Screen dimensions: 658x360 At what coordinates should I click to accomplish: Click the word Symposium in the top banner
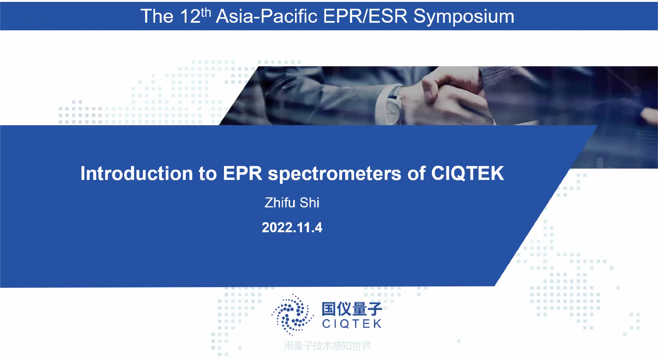pos(464,17)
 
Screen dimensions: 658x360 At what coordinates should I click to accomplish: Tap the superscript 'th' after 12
pos(206,12)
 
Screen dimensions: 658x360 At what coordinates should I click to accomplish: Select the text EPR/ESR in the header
pos(365,16)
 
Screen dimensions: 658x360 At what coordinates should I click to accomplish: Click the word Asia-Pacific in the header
pos(267,16)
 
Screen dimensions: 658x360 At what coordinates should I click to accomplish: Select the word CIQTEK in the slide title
pos(467,173)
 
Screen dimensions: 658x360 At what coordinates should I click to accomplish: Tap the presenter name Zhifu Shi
pos(292,203)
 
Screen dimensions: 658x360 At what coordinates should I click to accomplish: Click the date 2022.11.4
pos(292,227)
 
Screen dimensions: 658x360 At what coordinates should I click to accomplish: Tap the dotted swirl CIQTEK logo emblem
pos(292,315)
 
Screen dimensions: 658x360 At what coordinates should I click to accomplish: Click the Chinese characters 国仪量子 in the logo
pos(352,309)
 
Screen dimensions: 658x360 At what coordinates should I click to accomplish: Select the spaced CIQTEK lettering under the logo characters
pos(352,324)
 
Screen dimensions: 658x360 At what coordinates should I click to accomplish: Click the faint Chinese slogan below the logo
pos(328,346)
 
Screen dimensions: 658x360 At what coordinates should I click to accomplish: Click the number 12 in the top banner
pos(190,16)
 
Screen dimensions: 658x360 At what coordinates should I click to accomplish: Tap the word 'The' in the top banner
pos(157,16)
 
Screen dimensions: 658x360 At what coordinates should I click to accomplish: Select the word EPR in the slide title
pos(243,173)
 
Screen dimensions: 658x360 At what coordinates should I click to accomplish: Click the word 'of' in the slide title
pos(416,173)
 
